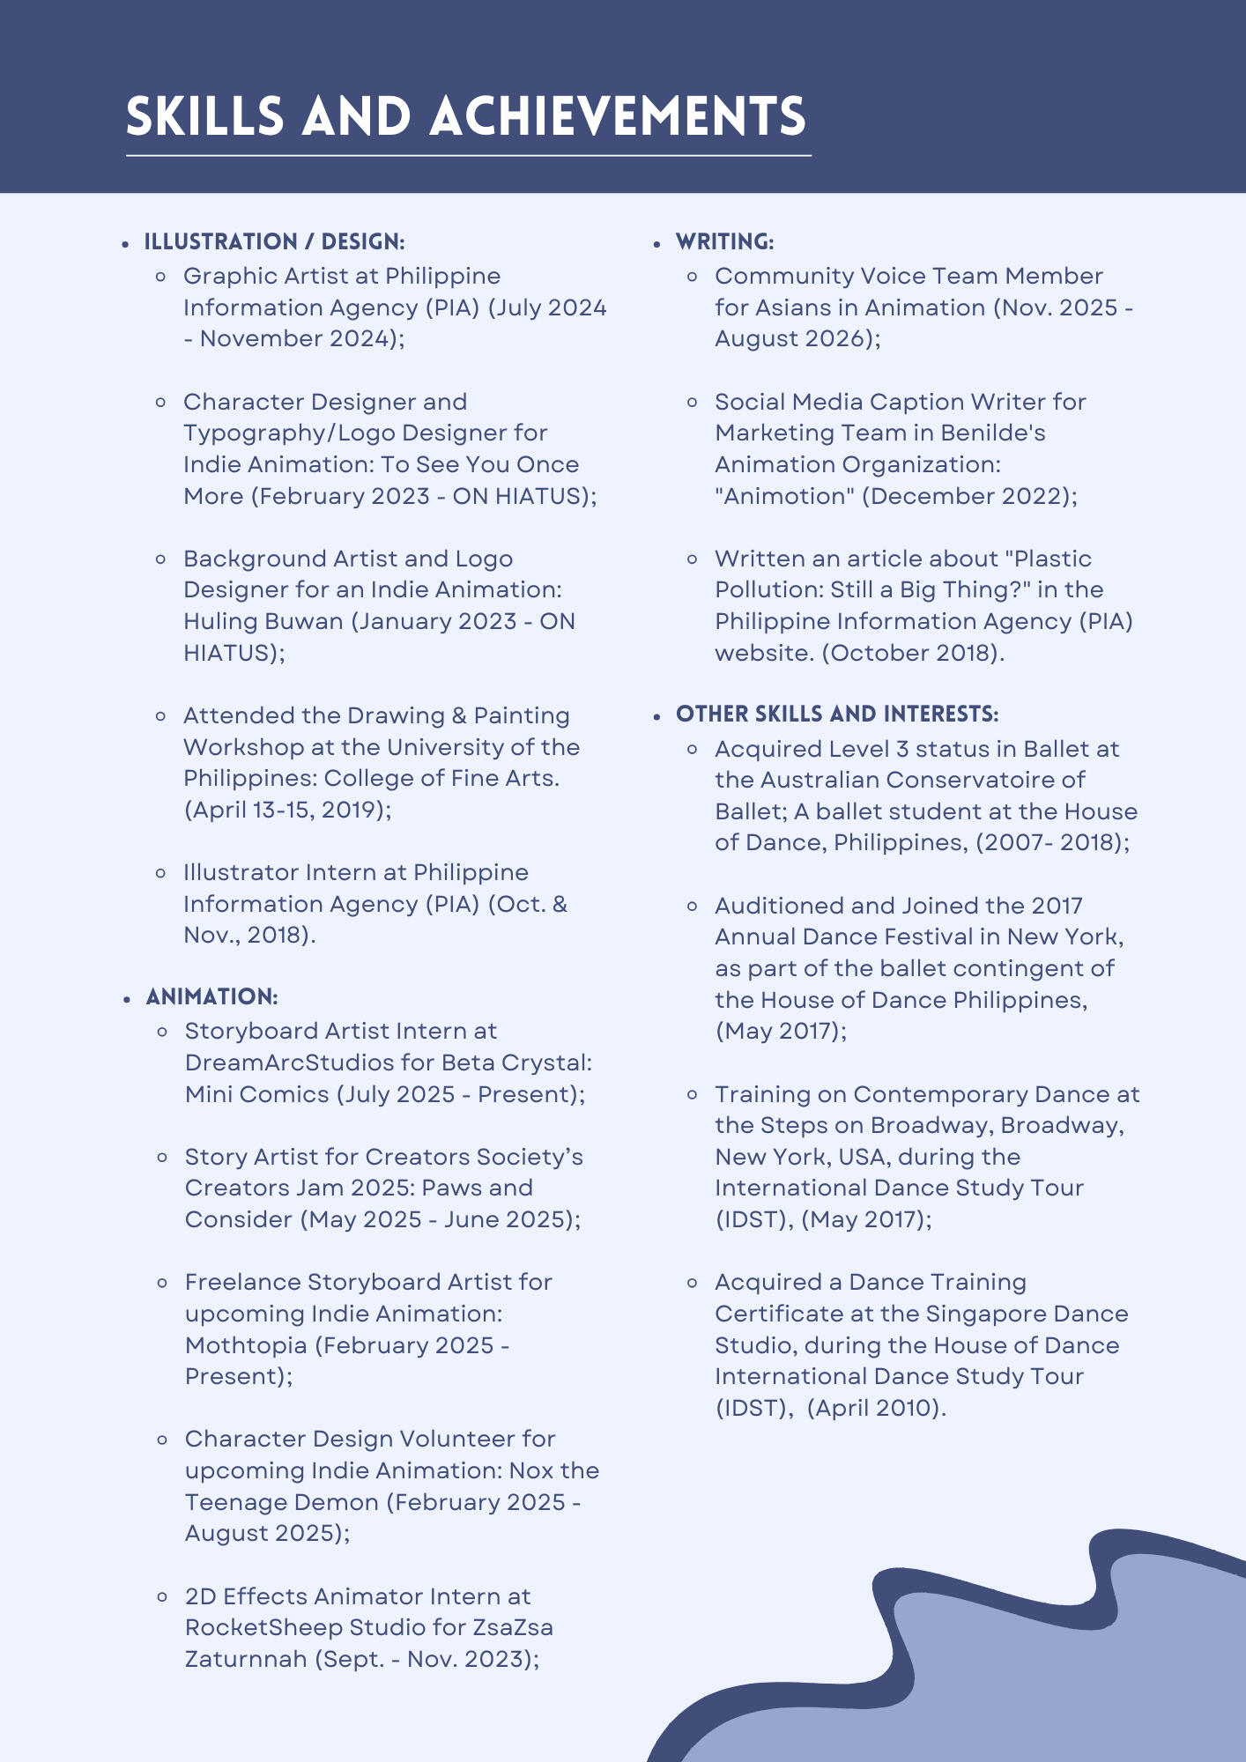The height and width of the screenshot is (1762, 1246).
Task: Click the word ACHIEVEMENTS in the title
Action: point(618,117)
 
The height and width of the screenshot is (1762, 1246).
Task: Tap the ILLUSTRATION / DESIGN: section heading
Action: point(274,241)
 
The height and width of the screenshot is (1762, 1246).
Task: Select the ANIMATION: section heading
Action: point(211,996)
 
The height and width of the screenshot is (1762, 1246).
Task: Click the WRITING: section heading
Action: point(724,241)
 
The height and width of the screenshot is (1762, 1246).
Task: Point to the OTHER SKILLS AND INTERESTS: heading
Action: point(837,714)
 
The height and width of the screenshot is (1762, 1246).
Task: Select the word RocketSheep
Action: point(263,1627)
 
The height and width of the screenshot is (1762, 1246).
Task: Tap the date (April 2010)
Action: point(876,1408)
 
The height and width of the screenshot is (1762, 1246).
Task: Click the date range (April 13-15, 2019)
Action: point(287,810)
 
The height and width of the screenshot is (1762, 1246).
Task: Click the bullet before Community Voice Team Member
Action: point(693,277)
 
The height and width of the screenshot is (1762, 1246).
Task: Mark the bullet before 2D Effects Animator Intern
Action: point(162,1596)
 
